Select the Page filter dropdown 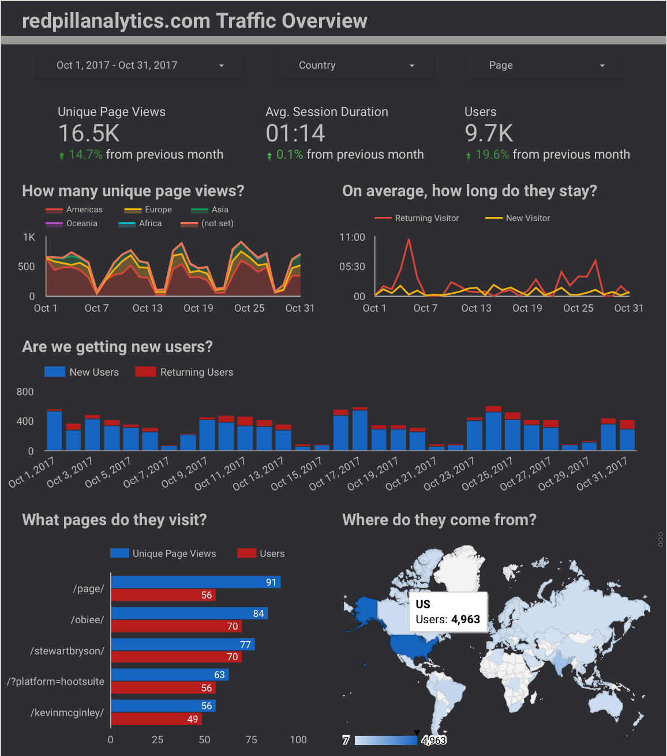[x=546, y=66]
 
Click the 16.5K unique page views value [x=89, y=133]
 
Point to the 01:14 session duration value [x=295, y=133]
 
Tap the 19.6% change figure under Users [x=492, y=155]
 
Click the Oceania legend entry [x=81, y=223]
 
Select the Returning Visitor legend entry [x=426, y=218]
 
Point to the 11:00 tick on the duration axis [x=352, y=237]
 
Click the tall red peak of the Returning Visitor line [x=409, y=239]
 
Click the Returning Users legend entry [x=196, y=372]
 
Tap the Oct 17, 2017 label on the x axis [x=335, y=473]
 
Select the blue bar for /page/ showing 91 [x=195, y=582]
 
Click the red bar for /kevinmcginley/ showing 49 [x=156, y=719]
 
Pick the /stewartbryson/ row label [x=68, y=651]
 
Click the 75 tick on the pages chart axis [x=251, y=740]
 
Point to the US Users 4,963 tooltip [x=448, y=612]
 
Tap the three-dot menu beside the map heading [x=661, y=540]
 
